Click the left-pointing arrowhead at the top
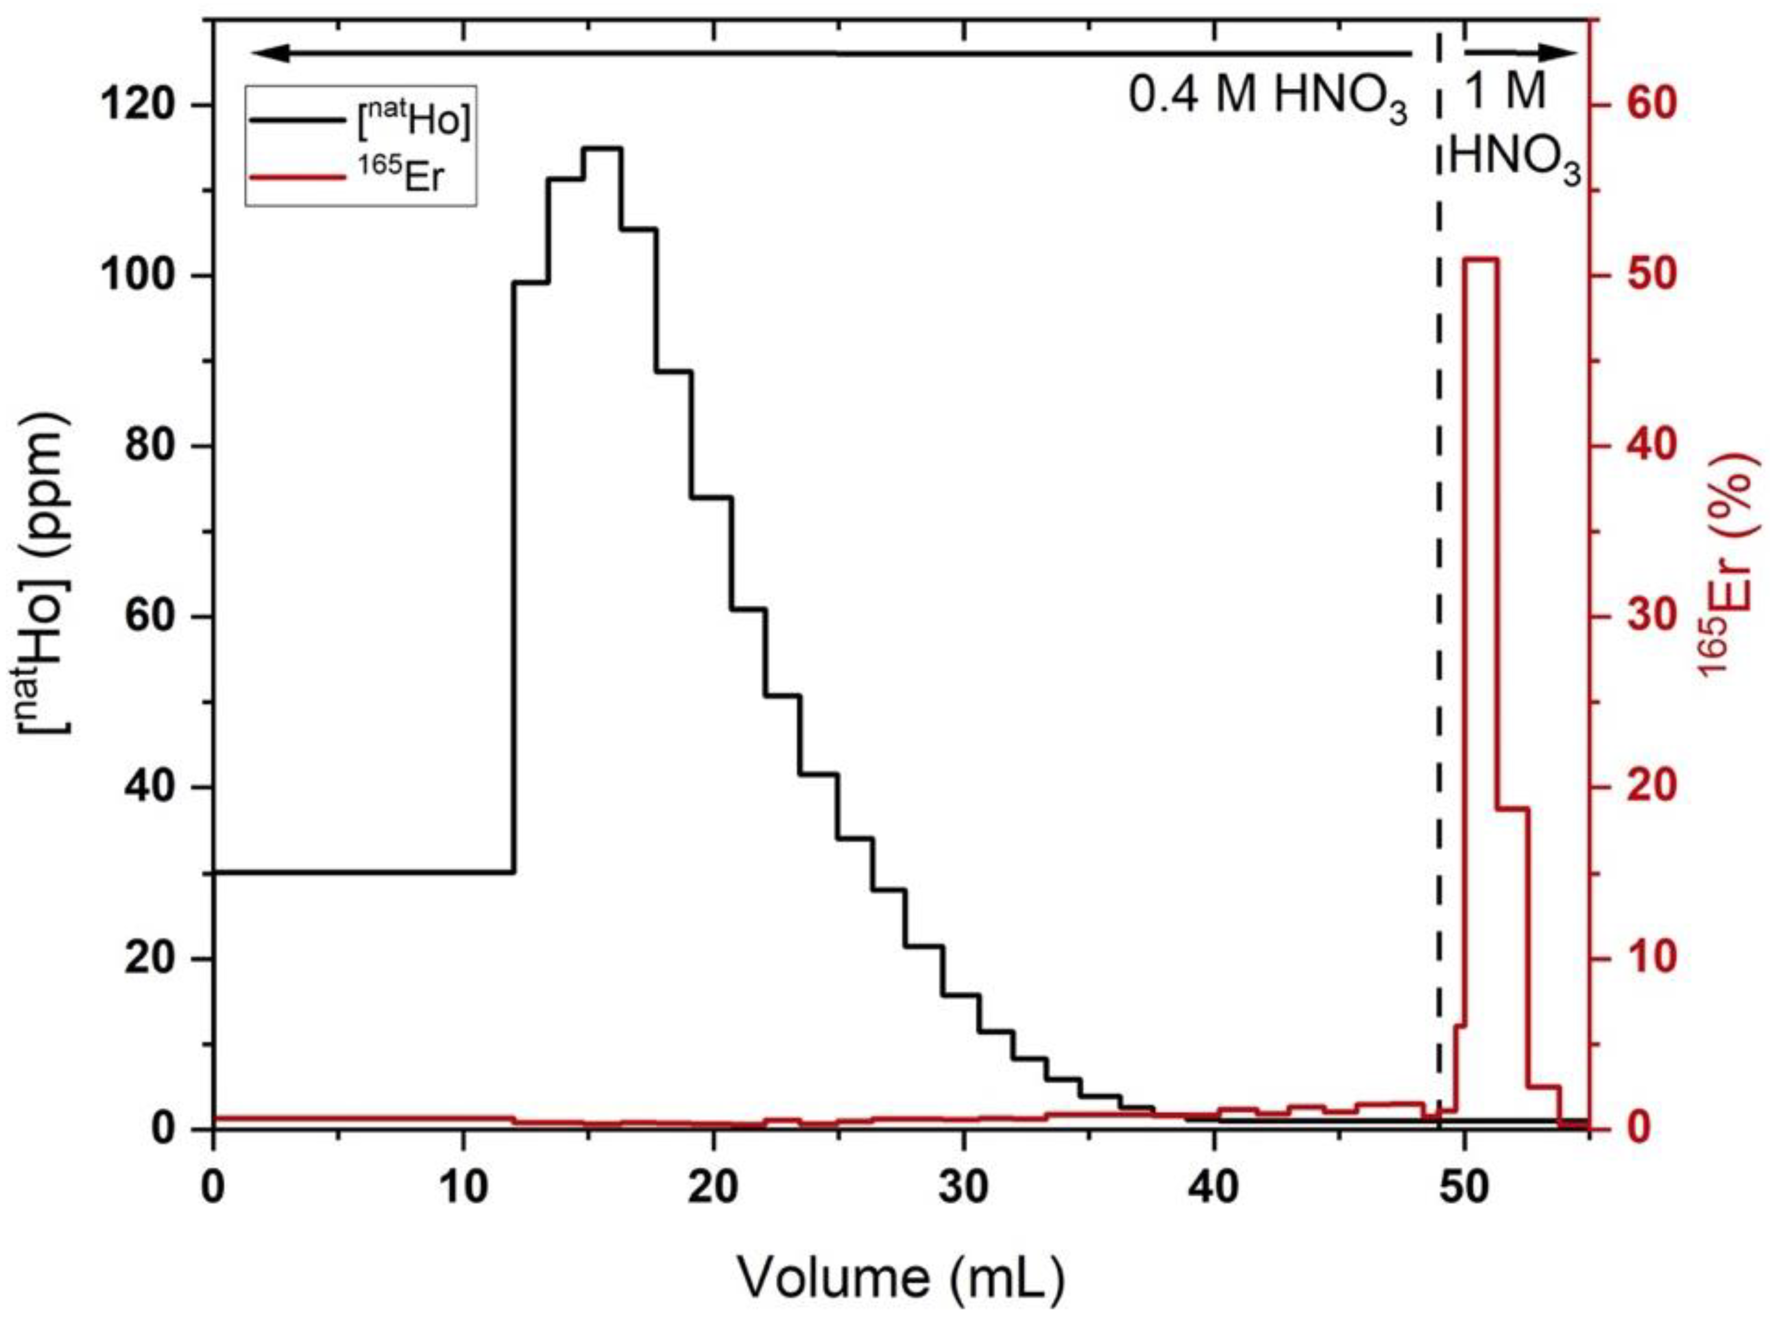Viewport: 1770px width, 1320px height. pos(264,54)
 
